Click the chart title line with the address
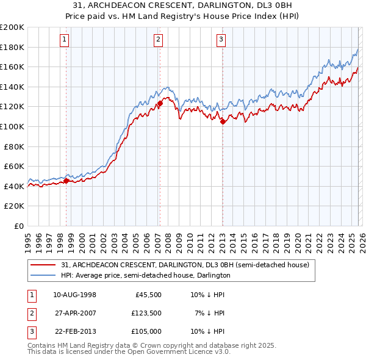point(183,5)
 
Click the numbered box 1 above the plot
point(65,40)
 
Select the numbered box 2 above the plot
point(158,40)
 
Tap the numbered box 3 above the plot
point(221,40)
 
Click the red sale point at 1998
point(66,181)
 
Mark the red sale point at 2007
point(160,103)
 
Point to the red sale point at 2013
point(223,121)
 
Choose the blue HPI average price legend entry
point(145,275)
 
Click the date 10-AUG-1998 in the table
point(74,295)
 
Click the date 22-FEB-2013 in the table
point(74,331)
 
